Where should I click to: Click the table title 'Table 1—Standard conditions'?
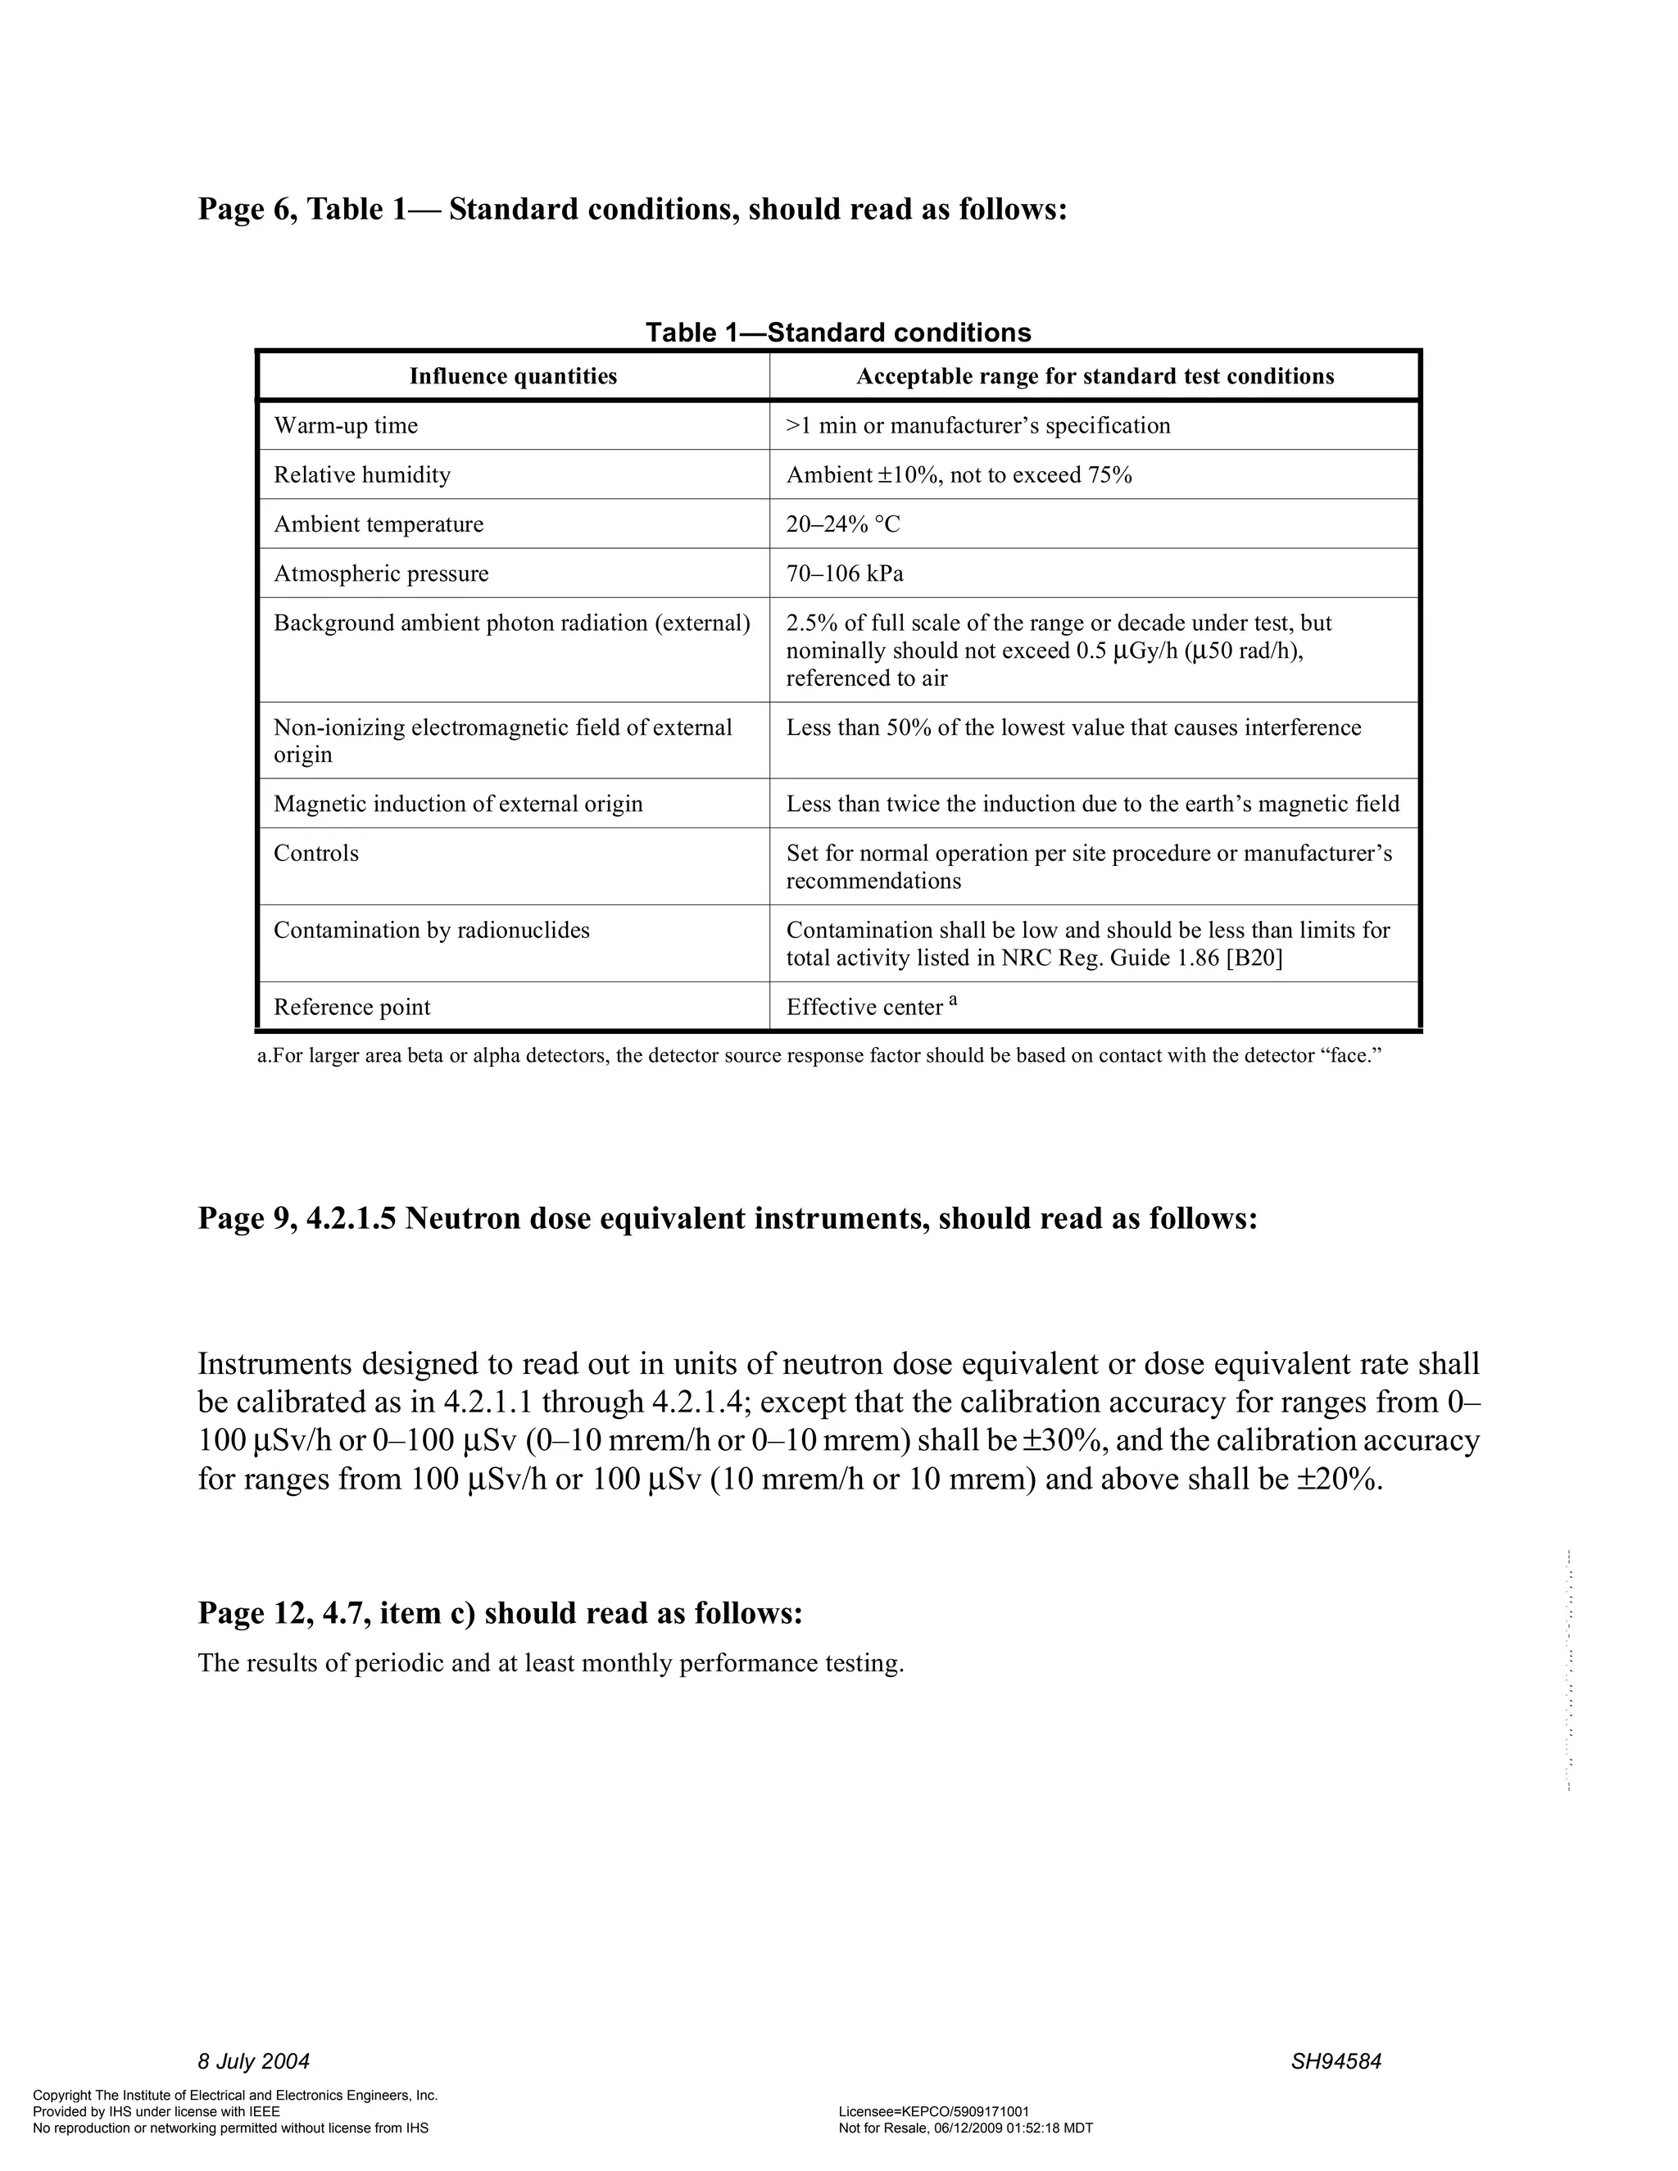coord(838,332)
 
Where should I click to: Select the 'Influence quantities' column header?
coord(513,376)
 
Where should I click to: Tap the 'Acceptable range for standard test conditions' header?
coord(1095,376)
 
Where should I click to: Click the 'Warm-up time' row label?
coord(345,425)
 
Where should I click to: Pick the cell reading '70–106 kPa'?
coord(844,573)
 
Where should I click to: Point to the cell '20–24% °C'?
coord(842,523)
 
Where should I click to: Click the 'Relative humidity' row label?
coord(362,475)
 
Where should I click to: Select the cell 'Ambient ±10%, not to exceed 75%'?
coord(959,475)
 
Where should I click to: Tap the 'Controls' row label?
coord(316,853)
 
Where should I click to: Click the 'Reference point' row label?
coord(351,1007)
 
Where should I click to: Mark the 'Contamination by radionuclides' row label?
coord(432,931)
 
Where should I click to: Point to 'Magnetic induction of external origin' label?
coord(457,803)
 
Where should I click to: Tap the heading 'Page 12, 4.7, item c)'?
coord(500,1612)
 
